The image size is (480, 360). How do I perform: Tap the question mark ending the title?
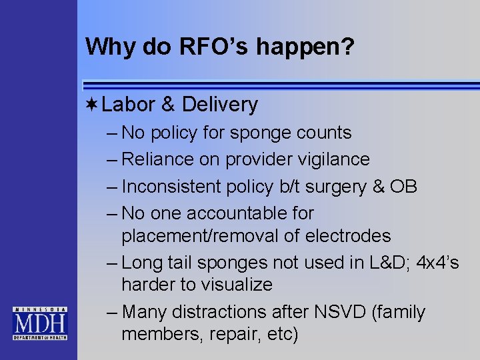348,47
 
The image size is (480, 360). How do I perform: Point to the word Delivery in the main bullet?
219,105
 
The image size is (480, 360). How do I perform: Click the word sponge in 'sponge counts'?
257,133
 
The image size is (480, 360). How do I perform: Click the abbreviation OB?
404,186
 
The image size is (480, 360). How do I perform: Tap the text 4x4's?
437,263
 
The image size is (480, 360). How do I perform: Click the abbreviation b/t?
266,186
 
